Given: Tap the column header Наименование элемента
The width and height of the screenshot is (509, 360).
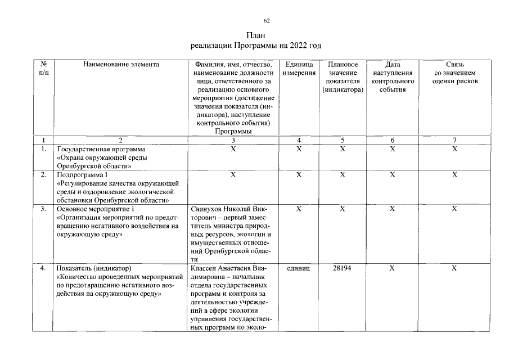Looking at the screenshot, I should tap(121, 65).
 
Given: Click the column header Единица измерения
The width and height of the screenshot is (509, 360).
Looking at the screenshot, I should tap(299, 69).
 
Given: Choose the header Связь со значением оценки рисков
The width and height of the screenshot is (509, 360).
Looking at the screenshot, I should tap(454, 73).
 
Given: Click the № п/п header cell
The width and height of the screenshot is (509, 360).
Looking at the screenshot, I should tap(43, 69).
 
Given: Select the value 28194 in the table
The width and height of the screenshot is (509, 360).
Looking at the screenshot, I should tap(342, 268).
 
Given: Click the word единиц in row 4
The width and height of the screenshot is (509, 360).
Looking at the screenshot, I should tap(299, 268).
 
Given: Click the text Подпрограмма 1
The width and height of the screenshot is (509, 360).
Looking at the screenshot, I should tap(82, 175).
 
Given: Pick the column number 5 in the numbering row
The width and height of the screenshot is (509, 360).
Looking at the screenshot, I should tap(342, 140).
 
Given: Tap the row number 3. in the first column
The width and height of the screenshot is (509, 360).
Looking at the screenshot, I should tap(43, 209).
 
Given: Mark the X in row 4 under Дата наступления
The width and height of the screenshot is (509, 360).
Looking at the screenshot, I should tap(393, 268).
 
